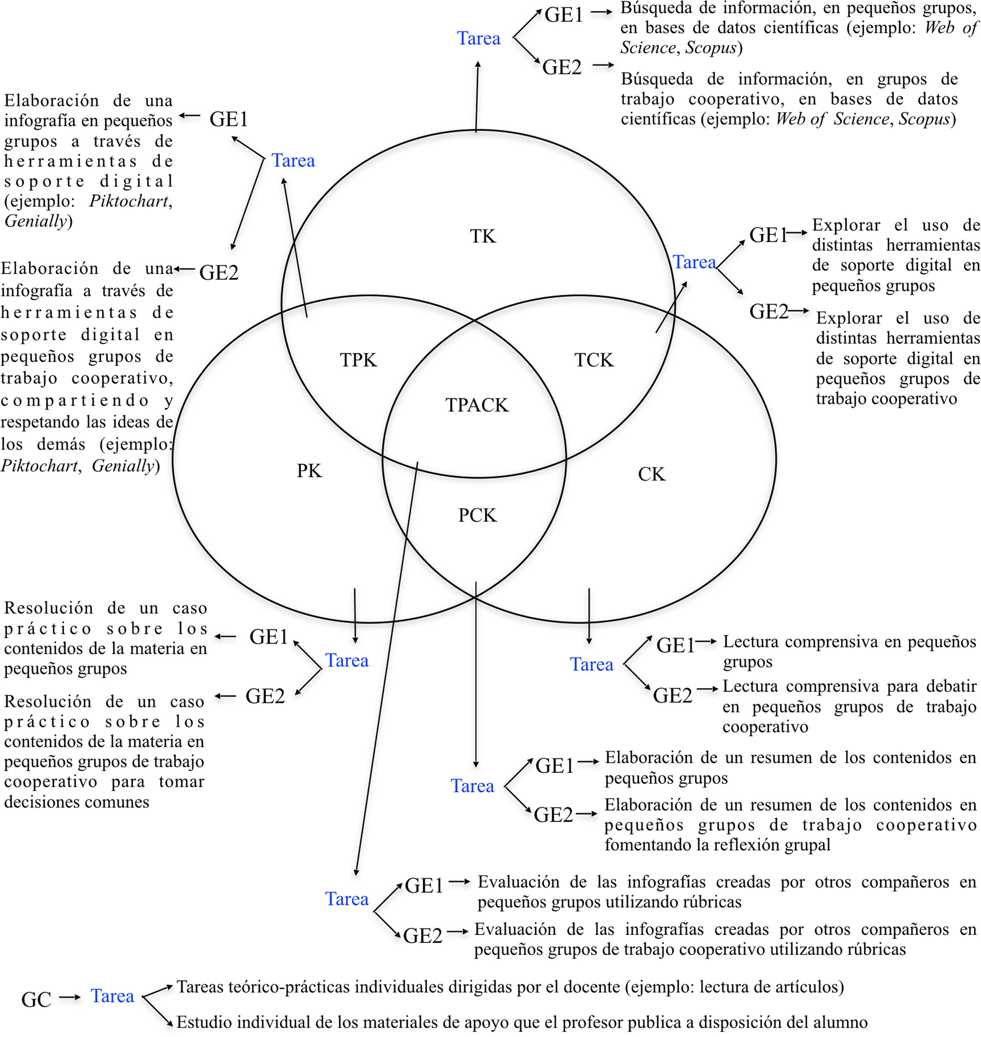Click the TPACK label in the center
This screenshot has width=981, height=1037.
click(x=477, y=405)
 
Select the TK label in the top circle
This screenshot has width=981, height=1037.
click(x=482, y=236)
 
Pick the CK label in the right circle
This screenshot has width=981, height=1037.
click(x=651, y=474)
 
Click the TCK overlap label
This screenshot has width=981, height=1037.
click(x=594, y=360)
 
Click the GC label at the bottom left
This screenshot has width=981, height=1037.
click(x=36, y=1000)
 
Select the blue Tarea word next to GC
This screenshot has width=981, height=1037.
click(x=112, y=996)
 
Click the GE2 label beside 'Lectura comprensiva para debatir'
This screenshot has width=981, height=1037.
click(x=673, y=696)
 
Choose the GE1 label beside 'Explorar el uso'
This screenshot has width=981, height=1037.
click(x=768, y=235)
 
